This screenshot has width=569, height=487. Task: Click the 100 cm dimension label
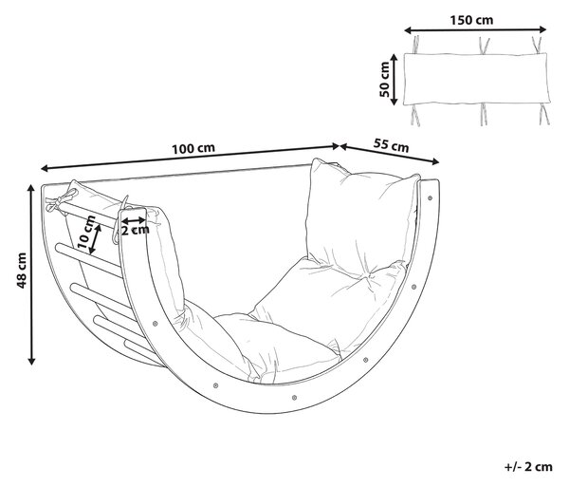[193, 148]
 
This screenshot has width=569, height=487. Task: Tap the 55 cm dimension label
[391, 145]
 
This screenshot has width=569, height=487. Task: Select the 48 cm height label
[22, 271]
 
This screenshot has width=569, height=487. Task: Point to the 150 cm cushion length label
[471, 20]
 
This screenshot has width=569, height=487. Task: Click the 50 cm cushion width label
[384, 80]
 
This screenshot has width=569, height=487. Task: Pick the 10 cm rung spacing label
[86, 232]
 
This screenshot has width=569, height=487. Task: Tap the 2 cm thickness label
[135, 230]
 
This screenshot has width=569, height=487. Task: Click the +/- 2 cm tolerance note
[528, 466]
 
